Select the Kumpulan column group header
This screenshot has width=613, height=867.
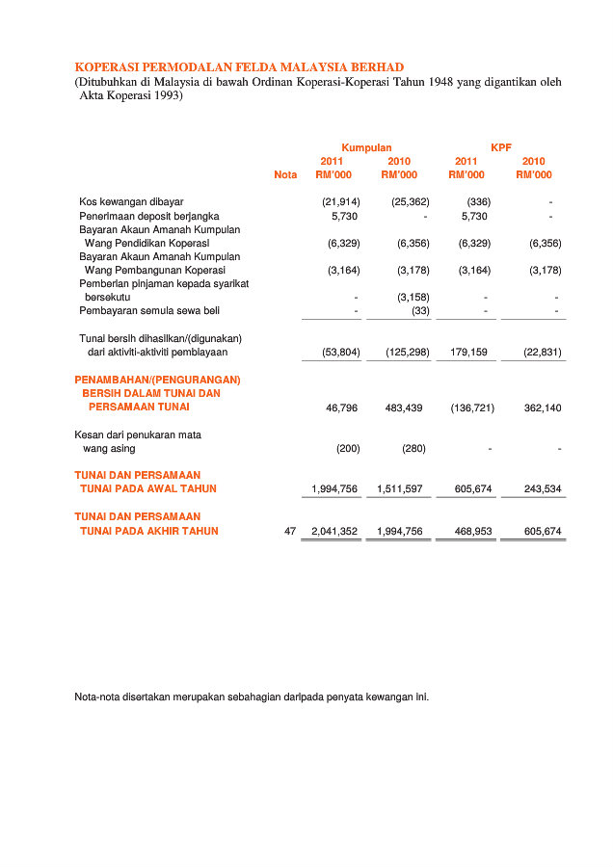coord(366,147)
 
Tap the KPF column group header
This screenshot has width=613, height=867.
coord(500,147)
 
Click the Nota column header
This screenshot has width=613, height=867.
coord(285,174)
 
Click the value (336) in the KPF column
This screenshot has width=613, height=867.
coord(479,202)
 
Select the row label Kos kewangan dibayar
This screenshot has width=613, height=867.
coord(131,202)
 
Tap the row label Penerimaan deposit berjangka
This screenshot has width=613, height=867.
coord(149,217)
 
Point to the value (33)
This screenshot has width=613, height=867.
coord(420,310)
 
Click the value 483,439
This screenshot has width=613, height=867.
coord(404,408)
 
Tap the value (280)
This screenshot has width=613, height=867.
coord(415,449)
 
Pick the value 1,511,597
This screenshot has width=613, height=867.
coord(400,489)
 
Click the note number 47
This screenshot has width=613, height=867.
coord(290,532)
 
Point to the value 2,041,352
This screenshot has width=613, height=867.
coord(334,532)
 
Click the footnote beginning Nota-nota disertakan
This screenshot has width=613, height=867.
coord(252,696)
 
